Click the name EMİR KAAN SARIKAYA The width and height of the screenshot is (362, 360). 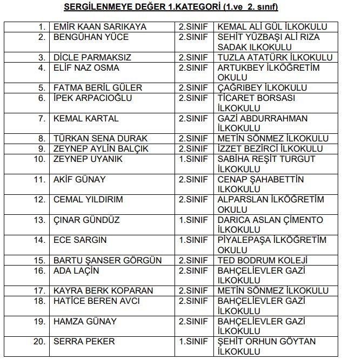coord(99,27)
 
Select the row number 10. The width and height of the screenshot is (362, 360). coord(39,159)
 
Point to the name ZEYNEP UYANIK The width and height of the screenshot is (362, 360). coord(88,159)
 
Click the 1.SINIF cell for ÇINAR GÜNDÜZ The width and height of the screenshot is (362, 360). coord(193,220)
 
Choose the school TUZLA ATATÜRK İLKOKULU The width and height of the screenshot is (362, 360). coord(275,58)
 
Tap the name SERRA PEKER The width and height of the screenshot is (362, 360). coord(84,341)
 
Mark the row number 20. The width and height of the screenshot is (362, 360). coord(39,341)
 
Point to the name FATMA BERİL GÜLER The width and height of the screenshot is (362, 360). coord(98,88)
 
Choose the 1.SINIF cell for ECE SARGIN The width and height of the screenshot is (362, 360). coord(193,240)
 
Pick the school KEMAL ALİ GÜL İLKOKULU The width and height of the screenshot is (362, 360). coord(273,27)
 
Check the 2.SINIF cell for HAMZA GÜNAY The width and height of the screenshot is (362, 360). coord(193,321)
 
